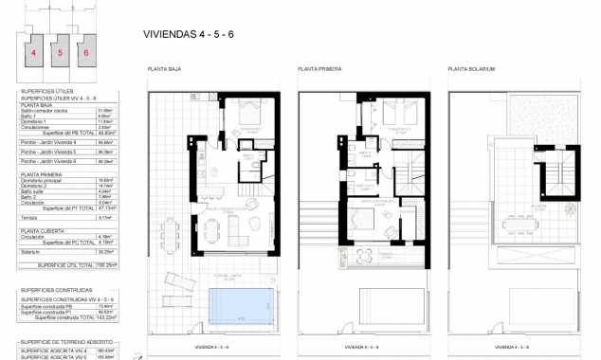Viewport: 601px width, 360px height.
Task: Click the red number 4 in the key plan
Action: [34, 53]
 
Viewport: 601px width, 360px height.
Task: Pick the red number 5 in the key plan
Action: [60, 53]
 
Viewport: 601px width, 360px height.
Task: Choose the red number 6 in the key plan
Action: [85, 53]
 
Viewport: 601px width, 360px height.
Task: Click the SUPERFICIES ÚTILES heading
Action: [45, 91]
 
